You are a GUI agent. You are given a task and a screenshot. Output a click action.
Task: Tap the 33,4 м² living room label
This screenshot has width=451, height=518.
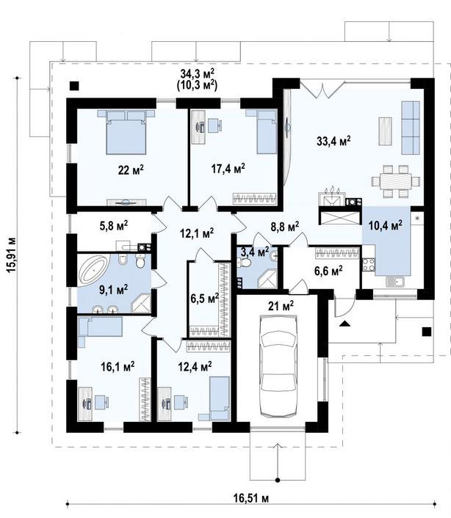[x=333, y=141]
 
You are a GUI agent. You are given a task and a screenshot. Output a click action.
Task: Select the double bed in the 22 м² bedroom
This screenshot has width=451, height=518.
[x=126, y=132]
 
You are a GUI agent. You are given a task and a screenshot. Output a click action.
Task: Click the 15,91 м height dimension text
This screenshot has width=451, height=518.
[x=11, y=255]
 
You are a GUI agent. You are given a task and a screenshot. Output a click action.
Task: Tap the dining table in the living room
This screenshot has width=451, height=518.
[x=395, y=181]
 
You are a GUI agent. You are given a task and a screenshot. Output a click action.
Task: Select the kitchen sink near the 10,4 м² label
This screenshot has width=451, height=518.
[x=396, y=282]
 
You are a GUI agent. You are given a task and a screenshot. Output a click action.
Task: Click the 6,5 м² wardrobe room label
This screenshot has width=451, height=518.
[x=205, y=299]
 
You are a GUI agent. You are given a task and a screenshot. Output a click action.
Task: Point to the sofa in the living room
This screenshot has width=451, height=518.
[x=411, y=128]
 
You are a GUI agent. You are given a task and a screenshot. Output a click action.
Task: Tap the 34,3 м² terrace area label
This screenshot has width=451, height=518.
[x=198, y=73]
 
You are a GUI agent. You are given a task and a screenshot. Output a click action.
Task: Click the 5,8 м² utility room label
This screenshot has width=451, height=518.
[x=114, y=226]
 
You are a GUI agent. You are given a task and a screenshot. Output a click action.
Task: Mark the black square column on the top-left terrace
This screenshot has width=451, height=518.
[x=74, y=86]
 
